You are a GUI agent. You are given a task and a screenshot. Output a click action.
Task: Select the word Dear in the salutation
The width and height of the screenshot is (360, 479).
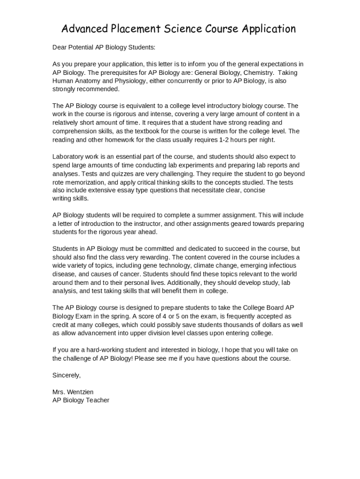[x=60, y=47]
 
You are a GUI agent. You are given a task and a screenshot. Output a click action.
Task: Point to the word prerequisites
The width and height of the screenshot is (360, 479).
[x=115, y=73]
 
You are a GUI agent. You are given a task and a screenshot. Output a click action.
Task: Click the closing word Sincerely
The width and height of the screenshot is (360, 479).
[x=66, y=375]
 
